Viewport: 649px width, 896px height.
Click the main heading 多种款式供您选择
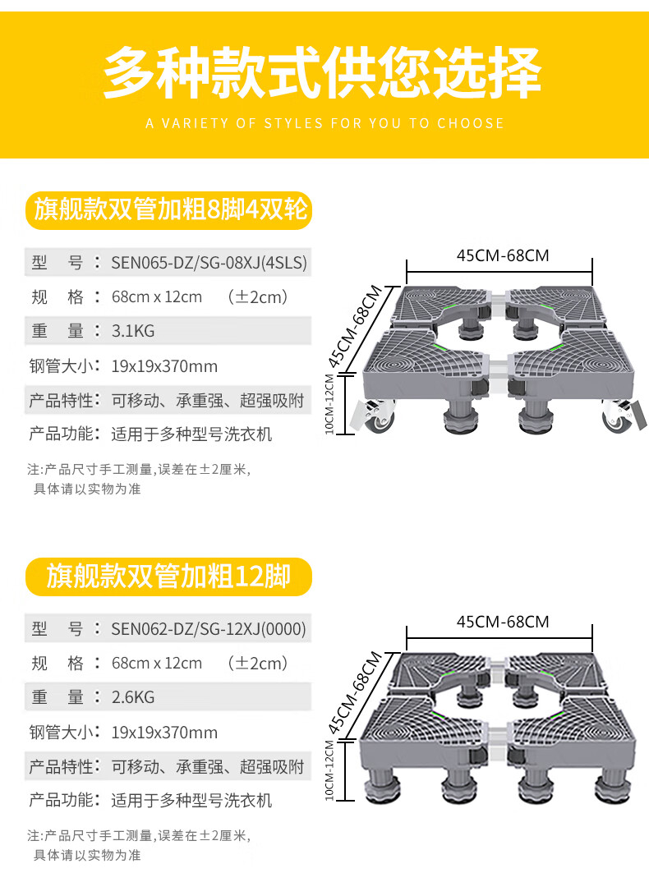(323, 72)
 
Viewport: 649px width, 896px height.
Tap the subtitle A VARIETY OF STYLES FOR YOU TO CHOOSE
(324, 123)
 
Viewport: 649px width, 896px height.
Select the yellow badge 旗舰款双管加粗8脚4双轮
(170, 210)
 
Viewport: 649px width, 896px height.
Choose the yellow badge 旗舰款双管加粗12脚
(168, 577)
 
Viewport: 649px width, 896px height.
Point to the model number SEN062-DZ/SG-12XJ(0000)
(209, 629)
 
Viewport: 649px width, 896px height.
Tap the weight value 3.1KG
(133, 331)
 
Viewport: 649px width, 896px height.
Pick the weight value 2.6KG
(133, 697)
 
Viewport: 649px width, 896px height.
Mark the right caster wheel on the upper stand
(617, 416)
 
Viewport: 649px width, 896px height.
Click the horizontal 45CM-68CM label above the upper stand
(503, 255)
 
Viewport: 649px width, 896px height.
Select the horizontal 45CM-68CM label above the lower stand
(503, 622)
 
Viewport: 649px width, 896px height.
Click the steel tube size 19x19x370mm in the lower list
(164, 733)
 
